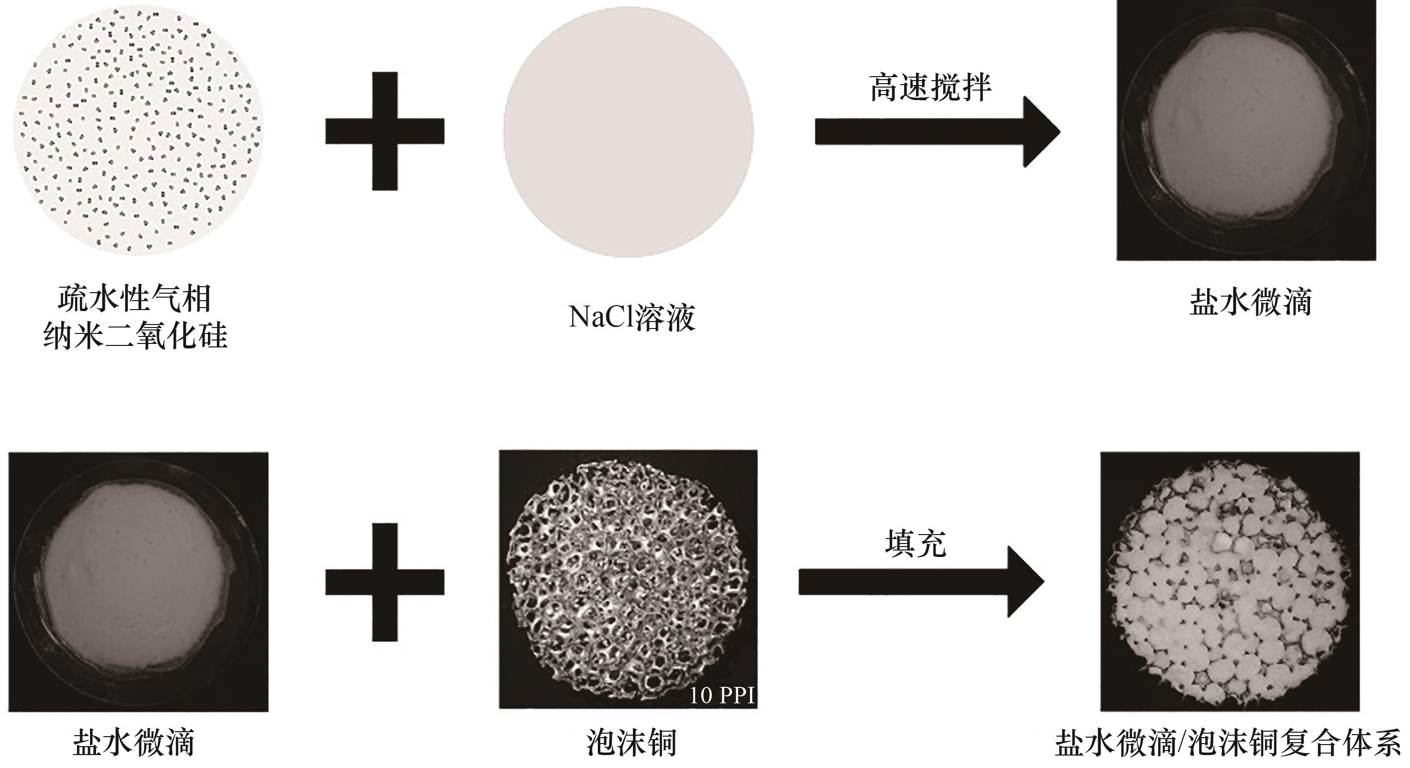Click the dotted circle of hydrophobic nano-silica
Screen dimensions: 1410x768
pyautogui.click(x=138, y=130)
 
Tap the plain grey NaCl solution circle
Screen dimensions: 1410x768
pyautogui.click(x=628, y=132)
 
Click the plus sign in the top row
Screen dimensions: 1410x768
pyautogui.click(x=385, y=131)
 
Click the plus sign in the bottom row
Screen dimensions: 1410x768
pyautogui.click(x=385, y=582)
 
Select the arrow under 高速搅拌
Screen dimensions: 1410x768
pyautogui.click(x=938, y=131)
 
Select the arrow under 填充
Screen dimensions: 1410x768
pyautogui.click(x=921, y=582)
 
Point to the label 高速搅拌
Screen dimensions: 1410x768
pyautogui.click(x=931, y=88)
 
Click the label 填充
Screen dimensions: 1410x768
pyautogui.click(x=916, y=544)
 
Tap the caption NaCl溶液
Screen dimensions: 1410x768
pyautogui.click(x=632, y=317)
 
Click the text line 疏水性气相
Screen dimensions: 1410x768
pyautogui.click(x=135, y=299)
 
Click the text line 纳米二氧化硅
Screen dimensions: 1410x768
pyautogui.click(x=135, y=335)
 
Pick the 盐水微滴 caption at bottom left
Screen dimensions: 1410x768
pyautogui.click(x=134, y=743)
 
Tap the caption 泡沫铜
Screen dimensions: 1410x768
pyautogui.click(x=632, y=743)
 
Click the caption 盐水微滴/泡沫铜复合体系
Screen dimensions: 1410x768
pyautogui.click(x=1228, y=743)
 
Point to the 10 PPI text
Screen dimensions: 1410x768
pyautogui.click(x=722, y=695)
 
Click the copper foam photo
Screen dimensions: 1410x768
pyautogui.click(x=628, y=579)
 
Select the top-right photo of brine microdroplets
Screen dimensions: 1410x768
pyautogui.click(x=1246, y=130)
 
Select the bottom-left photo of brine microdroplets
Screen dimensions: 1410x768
pyautogui.click(x=138, y=582)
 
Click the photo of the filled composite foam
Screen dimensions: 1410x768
pyautogui.click(x=1230, y=582)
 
